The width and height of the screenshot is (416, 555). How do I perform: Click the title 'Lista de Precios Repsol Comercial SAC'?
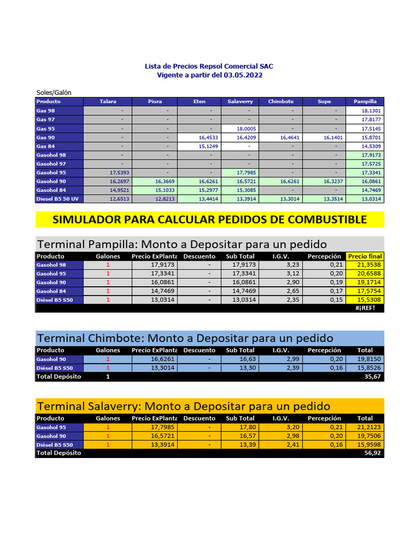click(209, 66)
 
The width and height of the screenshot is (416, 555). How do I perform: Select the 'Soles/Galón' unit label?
click(54, 93)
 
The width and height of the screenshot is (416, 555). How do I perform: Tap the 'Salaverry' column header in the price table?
click(240, 101)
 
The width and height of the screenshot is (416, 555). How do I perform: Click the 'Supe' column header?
click(324, 101)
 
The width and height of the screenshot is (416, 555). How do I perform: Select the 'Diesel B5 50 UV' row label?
click(57, 199)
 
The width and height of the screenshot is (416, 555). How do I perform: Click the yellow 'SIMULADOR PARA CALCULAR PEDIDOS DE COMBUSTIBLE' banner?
click(210, 220)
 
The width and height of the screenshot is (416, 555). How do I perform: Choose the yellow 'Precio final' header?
click(365, 256)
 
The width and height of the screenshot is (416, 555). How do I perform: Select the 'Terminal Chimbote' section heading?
click(185, 338)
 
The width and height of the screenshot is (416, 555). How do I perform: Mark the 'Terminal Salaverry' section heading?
click(183, 406)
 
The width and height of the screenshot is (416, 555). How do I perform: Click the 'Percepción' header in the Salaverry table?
click(324, 418)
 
